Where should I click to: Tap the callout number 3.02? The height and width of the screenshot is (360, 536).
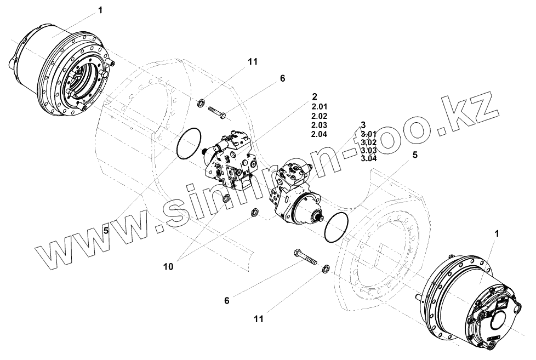tap(369, 142)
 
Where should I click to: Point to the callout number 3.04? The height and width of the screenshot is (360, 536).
tap(369, 159)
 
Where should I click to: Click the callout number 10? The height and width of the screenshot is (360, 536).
tap(168, 266)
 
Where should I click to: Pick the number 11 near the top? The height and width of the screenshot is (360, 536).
tap(253, 62)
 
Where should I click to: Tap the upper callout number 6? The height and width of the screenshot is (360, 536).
tap(283, 79)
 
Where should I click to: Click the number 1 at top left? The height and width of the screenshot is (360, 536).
tap(100, 10)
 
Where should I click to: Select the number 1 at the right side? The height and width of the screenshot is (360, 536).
tap(497, 234)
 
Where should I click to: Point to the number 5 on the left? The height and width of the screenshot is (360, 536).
tap(106, 231)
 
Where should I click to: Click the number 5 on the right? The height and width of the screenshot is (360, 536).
tap(415, 155)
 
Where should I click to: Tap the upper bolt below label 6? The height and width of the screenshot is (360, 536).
tap(218, 113)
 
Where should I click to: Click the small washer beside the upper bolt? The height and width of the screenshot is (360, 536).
tap(202, 102)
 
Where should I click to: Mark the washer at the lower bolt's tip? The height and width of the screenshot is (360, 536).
tap(324, 268)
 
